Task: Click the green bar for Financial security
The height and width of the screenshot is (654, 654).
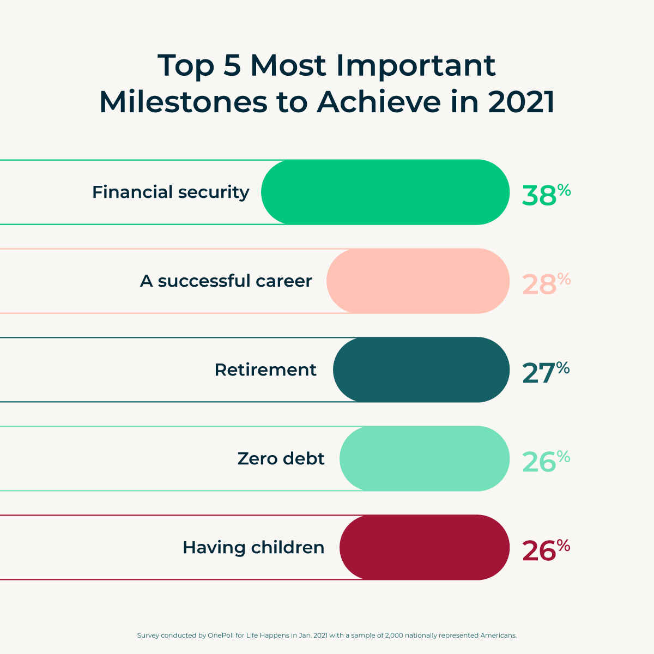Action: click(x=385, y=192)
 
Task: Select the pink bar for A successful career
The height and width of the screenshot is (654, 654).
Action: click(x=418, y=281)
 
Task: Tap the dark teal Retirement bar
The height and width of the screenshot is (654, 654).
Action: click(x=421, y=370)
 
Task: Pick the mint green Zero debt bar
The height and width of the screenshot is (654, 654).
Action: click(x=425, y=458)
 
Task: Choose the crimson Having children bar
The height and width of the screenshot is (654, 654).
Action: click(x=425, y=547)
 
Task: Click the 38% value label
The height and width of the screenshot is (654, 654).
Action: click(x=546, y=195)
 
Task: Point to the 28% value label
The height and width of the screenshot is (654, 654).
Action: click(x=546, y=283)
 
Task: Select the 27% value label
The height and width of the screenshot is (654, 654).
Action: click(x=545, y=372)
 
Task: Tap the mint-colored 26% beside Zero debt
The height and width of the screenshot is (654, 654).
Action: click(x=546, y=461)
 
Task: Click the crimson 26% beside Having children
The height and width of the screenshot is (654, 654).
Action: click(x=546, y=550)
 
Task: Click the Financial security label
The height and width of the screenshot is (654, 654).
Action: click(x=171, y=192)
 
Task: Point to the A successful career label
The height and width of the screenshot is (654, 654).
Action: click(x=226, y=281)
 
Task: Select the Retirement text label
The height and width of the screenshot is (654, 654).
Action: click(x=265, y=370)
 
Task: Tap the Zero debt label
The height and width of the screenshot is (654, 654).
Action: click(x=281, y=459)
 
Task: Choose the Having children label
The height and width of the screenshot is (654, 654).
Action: click(x=253, y=548)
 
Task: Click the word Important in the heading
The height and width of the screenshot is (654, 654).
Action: click(x=416, y=65)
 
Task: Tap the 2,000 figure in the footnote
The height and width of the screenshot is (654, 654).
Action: click(x=394, y=635)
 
